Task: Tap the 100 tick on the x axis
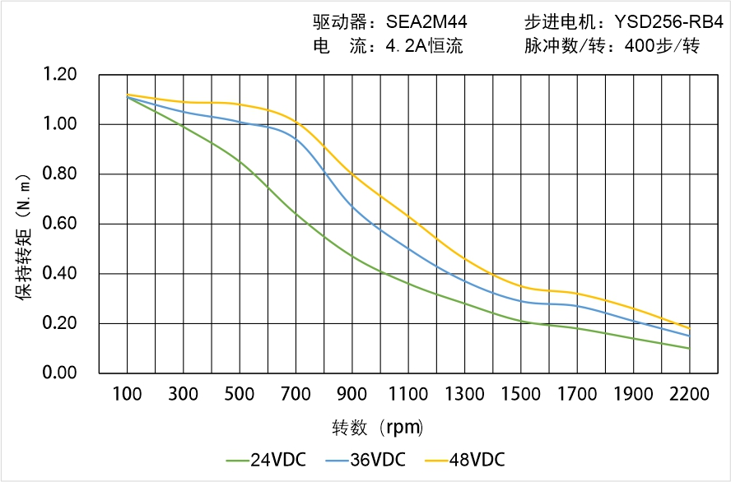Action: (127, 395)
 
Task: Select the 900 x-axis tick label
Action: (352, 395)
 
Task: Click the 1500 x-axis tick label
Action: (520, 395)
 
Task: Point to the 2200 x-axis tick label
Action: (689, 395)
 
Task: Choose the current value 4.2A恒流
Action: (424, 46)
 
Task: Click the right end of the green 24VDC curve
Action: (689, 348)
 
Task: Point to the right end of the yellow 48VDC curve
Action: (689, 328)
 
